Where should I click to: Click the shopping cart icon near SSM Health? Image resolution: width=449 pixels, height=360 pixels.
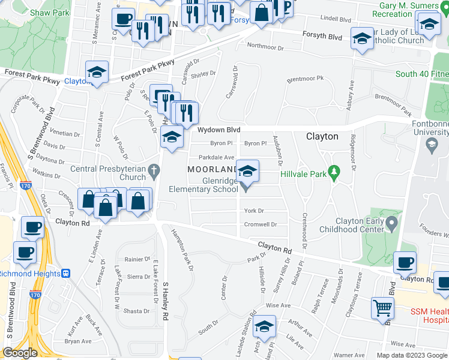pos(382,309)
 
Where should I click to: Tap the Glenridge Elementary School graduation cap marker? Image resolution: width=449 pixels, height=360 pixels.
pos(247,172)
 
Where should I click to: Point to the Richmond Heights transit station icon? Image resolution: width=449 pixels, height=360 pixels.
pos(66,274)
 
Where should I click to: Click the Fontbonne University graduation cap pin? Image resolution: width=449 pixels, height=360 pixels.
pos(430,145)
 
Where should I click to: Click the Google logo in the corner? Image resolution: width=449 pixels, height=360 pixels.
pos(20,353)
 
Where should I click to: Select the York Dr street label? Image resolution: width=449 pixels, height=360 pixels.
pos(254,211)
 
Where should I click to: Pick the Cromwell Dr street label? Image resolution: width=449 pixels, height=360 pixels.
pos(260,225)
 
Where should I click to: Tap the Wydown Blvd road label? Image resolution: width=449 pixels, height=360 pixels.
pos(219,130)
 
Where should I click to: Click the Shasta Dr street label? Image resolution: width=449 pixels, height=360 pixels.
pos(137,311)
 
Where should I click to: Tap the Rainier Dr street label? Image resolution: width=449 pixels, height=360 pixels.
pos(137,259)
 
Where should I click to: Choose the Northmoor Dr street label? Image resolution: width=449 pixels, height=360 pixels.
pos(265,46)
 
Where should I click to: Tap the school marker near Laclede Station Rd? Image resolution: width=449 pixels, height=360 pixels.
pos(263,328)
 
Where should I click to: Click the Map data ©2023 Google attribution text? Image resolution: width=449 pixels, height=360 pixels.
pos(411,355)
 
